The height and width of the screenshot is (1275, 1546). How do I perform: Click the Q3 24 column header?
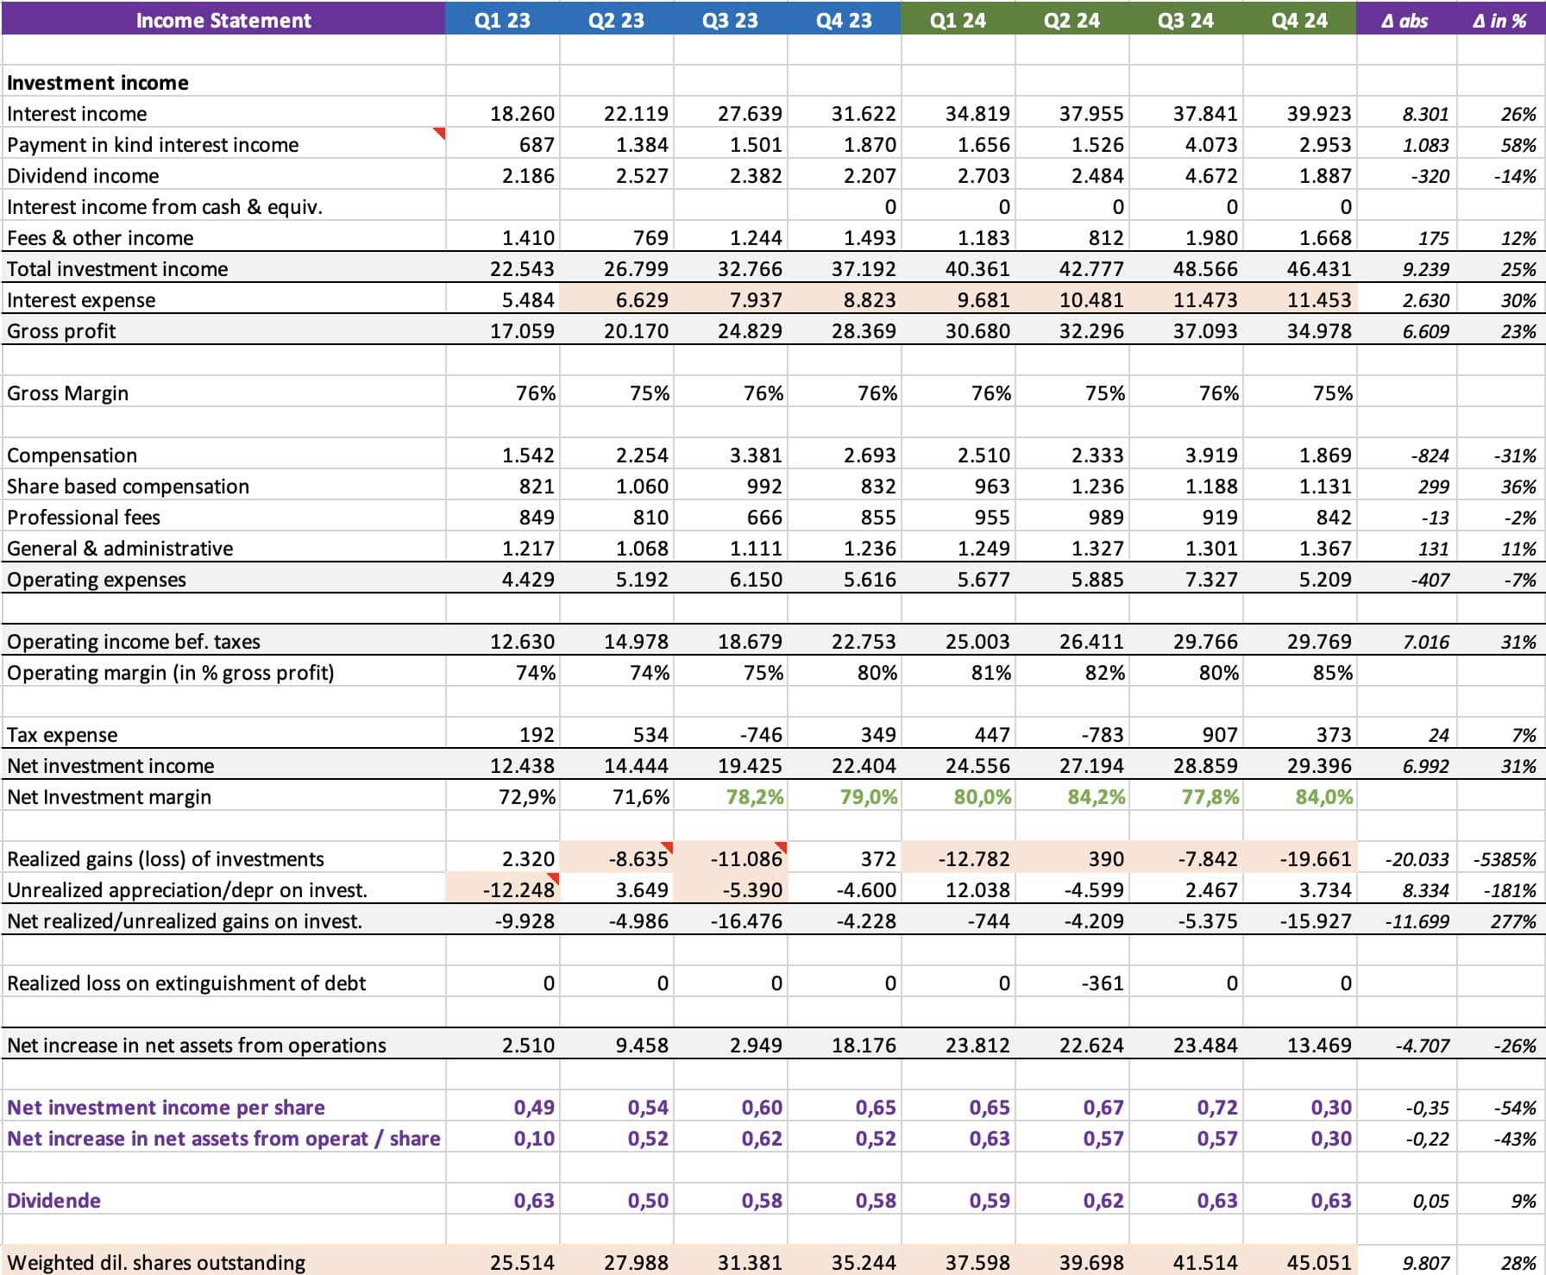[x=1185, y=20]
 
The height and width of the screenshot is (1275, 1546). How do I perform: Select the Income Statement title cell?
[x=223, y=20]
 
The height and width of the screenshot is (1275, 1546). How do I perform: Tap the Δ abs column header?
[x=1405, y=21]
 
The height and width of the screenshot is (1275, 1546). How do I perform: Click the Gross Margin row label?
[x=67, y=393]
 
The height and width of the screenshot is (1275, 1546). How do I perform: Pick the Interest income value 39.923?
[x=1319, y=114]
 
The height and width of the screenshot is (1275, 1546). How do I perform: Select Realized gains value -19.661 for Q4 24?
[x=1316, y=859]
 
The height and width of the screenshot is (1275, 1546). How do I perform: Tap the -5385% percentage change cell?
[x=1505, y=859]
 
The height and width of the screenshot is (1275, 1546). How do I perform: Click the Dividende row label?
[x=53, y=1201]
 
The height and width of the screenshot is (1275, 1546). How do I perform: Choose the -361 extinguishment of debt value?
[x=1103, y=983]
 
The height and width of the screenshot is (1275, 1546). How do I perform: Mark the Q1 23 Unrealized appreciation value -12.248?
[x=518, y=890]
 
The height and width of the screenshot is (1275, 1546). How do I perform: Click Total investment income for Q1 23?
[x=522, y=269]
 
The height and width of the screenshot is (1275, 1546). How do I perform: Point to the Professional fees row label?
[x=84, y=518]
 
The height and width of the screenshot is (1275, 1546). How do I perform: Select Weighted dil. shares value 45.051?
[x=1319, y=1263]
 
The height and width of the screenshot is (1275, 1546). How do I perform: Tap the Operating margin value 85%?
[x=1332, y=673]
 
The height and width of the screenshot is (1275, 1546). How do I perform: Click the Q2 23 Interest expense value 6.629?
[x=636, y=300]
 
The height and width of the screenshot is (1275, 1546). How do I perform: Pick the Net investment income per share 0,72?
[x=1217, y=1108]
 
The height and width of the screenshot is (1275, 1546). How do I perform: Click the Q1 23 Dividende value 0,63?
[x=534, y=1201]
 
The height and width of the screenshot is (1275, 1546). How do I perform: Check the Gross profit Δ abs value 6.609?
[x=1425, y=331]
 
